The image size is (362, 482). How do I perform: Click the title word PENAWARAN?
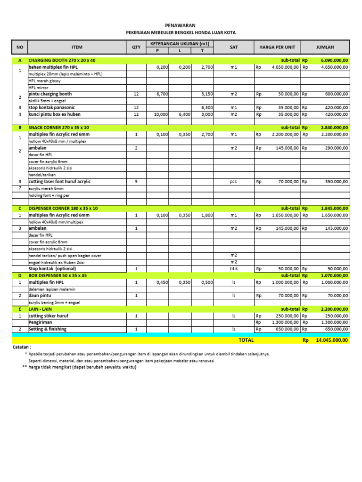[180, 25]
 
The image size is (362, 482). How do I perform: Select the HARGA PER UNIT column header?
[278, 47]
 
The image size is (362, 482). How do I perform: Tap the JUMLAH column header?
[326, 47]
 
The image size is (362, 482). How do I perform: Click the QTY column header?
[136, 47]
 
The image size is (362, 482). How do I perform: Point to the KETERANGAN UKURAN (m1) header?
[180, 44]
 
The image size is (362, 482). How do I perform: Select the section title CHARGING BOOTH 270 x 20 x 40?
[62, 61]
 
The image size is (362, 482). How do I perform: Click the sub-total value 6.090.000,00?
[334, 61]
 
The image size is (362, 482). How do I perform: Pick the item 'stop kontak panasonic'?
[52, 107]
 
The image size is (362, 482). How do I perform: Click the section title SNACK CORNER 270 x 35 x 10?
[58, 128]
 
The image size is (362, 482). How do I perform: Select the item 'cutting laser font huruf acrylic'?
[60, 181]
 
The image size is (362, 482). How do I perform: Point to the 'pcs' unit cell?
[233, 181]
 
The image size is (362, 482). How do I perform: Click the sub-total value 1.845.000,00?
[334, 208]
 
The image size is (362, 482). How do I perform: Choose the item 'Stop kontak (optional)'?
[52, 269]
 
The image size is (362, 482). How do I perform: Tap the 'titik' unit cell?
[233, 269]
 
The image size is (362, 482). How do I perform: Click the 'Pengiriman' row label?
[41, 322]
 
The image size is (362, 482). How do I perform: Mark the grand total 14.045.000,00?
[332, 340]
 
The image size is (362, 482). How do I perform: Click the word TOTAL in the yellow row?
[246, 340]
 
